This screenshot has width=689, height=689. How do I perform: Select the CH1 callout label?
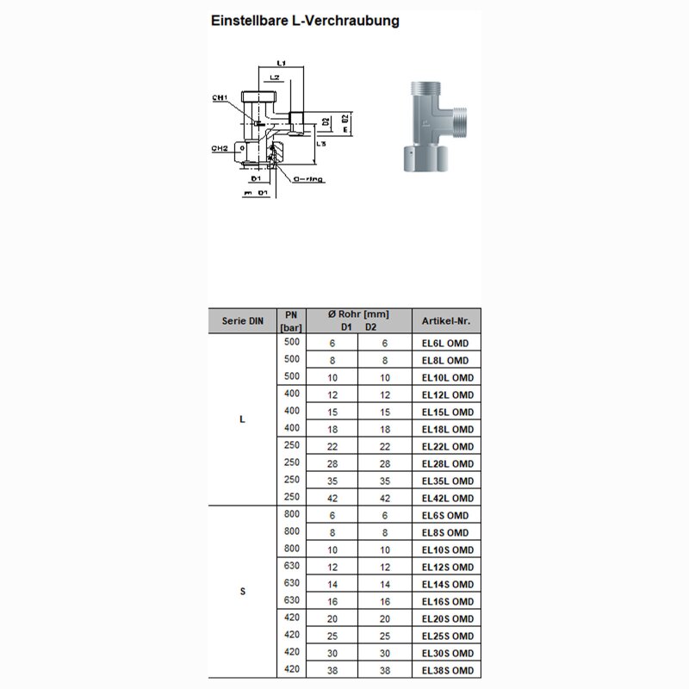(220, 98)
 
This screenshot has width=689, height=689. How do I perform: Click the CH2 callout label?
(220, 148)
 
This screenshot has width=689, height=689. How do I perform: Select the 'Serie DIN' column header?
(242, 320)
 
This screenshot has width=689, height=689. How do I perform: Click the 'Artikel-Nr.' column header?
(446, 320)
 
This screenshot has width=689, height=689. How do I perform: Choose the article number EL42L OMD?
(446, 498)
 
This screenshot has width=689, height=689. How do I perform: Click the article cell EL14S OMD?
(446, 584)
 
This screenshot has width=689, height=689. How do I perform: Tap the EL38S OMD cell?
(446, 670)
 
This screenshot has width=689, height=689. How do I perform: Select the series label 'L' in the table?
(242, 420)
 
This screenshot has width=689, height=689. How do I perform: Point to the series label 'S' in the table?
(242, 593)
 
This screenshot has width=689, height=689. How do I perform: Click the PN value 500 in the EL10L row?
(291, 376)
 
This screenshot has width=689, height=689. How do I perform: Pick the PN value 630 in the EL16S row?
(291, 600)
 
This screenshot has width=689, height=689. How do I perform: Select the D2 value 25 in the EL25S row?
(385, 636)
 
